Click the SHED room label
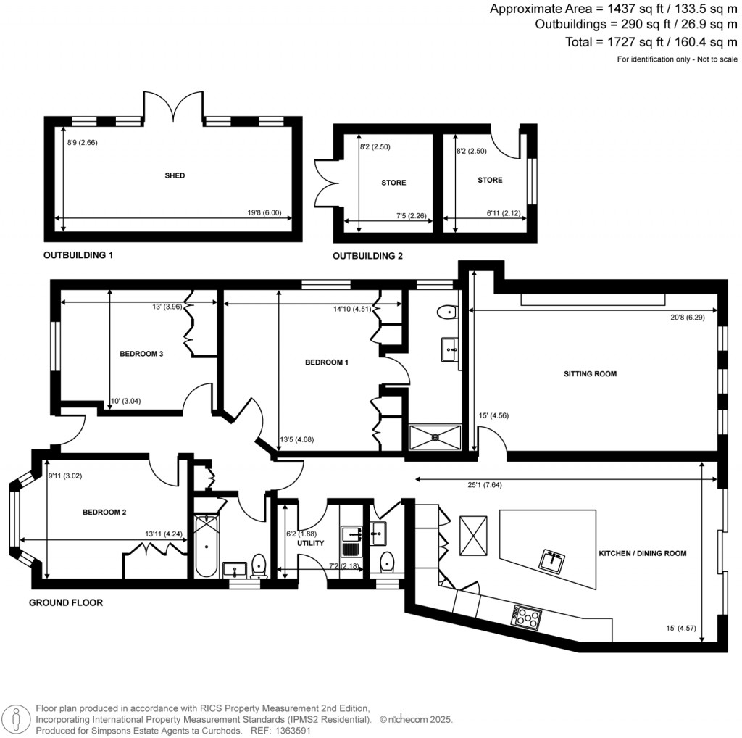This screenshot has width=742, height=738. [175, 175]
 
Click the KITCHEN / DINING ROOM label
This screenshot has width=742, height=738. [641, 553]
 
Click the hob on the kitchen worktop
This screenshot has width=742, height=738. [527, 616]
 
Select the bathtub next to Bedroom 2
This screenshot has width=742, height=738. [206, 545]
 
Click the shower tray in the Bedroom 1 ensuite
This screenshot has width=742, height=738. [435, 436]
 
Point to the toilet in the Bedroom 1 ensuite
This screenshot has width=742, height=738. [448, 312]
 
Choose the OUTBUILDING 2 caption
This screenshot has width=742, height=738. [367, 256]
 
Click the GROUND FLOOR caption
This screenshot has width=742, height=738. [65, 602]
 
